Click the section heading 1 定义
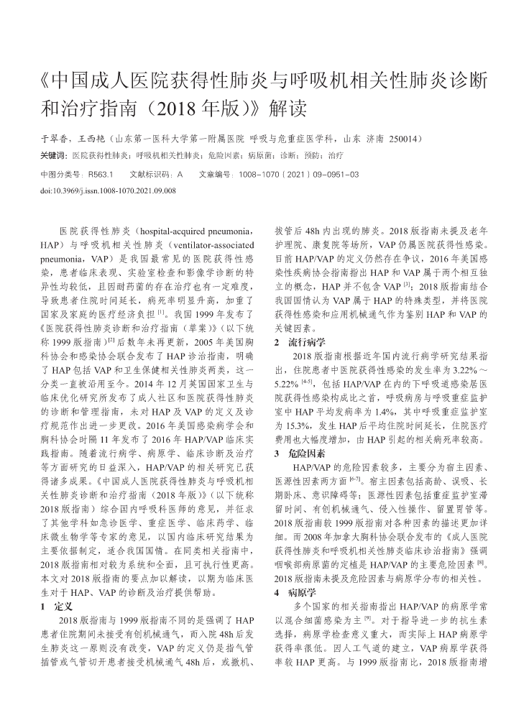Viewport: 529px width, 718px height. [53, 606]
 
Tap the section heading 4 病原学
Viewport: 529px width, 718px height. [295, 593]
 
